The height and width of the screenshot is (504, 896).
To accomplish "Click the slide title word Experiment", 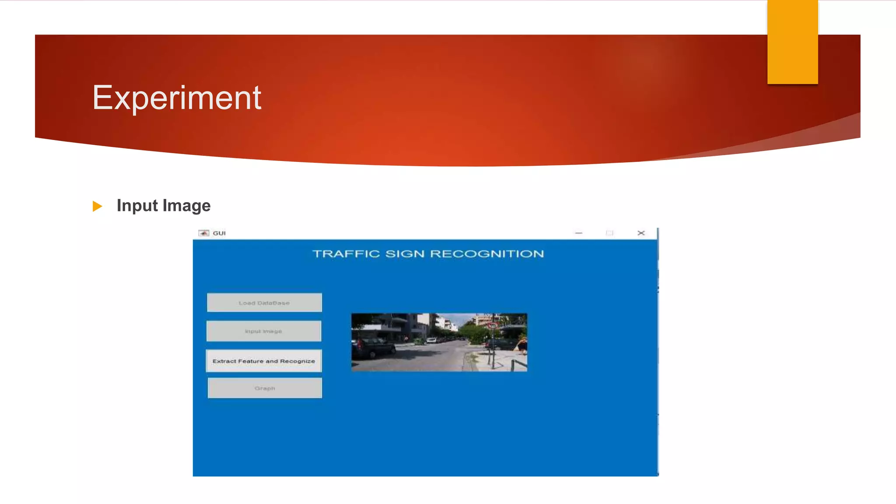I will (177, 98).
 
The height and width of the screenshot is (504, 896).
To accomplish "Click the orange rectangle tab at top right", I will (792, 42).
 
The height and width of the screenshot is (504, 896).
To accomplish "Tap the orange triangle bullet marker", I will (97, 206).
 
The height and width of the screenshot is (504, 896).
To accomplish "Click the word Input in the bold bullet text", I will (137, 206).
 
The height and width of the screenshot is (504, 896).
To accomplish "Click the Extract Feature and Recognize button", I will (264, 361).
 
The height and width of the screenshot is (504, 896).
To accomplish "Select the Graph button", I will (265, 388).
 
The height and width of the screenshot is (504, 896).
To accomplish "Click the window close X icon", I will (641, 233).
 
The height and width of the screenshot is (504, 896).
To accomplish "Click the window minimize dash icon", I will (578, 233).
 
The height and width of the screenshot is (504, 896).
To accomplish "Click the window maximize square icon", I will (609, 233).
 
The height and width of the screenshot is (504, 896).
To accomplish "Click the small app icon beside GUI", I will (203, 233).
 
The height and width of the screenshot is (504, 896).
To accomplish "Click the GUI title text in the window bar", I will (219, 233).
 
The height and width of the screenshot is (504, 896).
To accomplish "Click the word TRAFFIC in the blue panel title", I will (346, 254).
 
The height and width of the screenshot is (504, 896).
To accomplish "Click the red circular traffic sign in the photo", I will (493, 325).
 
